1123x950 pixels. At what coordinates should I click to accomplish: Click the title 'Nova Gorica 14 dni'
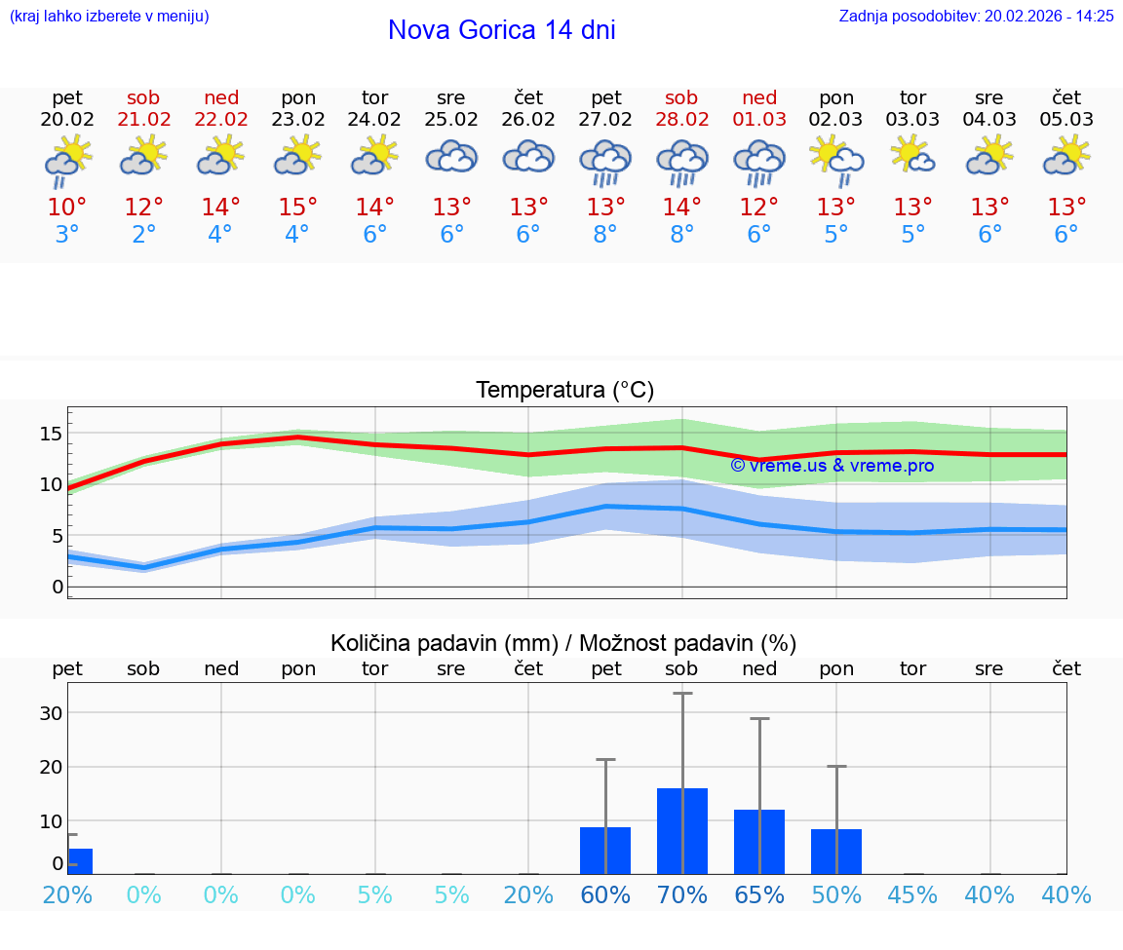coord(501,30)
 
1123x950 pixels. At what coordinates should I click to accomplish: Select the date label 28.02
coord(681,120)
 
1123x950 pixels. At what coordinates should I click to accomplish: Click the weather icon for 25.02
coord(451,157)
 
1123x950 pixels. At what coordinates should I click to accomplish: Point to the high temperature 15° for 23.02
coord(298,208)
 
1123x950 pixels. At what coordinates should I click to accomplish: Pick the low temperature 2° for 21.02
coord(144,235)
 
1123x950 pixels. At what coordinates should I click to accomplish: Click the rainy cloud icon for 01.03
coord(759,162)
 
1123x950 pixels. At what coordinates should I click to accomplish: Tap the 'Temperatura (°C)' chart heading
coord(564,391)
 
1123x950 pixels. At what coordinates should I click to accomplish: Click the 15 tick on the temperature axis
coord(51,433)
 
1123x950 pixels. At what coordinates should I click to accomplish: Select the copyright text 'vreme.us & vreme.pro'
coord(833,466)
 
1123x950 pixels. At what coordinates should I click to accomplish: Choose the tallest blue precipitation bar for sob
coord(681,830)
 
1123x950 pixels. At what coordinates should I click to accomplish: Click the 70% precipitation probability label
coord(681,894)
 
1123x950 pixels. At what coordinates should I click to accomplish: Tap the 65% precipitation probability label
coord(759,894)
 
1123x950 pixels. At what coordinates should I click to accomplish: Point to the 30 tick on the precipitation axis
coord(51,712)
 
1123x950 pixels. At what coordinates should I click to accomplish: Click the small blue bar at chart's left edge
coord(79,861)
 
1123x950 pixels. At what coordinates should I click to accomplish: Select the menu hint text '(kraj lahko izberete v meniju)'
coord(109,16)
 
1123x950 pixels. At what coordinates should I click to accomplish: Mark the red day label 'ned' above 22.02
coord(221,97)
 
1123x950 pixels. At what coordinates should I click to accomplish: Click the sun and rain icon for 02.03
coord(836,159)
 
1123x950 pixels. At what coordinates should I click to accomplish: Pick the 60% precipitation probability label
coord(605,894)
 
